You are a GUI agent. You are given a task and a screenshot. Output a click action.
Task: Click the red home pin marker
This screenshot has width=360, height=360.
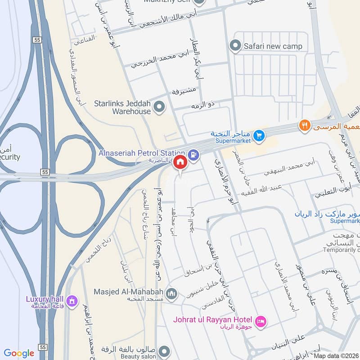point(180,162)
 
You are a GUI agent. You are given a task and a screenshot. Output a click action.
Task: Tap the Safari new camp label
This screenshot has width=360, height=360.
point(273,46)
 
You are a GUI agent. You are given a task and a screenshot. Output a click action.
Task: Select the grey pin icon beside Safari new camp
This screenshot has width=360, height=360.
point(234,45)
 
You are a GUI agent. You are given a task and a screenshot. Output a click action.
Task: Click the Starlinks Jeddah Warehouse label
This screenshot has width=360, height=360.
point(122,107)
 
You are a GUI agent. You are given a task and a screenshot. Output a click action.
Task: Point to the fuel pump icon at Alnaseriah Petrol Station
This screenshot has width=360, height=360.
point(193,153)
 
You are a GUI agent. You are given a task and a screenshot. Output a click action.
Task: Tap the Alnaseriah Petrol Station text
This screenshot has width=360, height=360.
point(142,153)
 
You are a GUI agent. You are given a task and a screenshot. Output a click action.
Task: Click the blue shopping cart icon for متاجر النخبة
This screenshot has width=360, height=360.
point(259,135)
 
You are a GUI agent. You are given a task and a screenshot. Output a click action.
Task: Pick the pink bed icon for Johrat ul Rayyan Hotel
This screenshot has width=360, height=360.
point(260,321)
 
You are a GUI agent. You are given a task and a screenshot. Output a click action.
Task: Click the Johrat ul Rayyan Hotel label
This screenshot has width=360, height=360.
point(212,320)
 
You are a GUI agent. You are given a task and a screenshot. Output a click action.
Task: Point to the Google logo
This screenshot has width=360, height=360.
point(19,353)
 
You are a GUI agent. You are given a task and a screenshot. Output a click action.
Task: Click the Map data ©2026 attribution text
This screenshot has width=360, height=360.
point(335,355)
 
